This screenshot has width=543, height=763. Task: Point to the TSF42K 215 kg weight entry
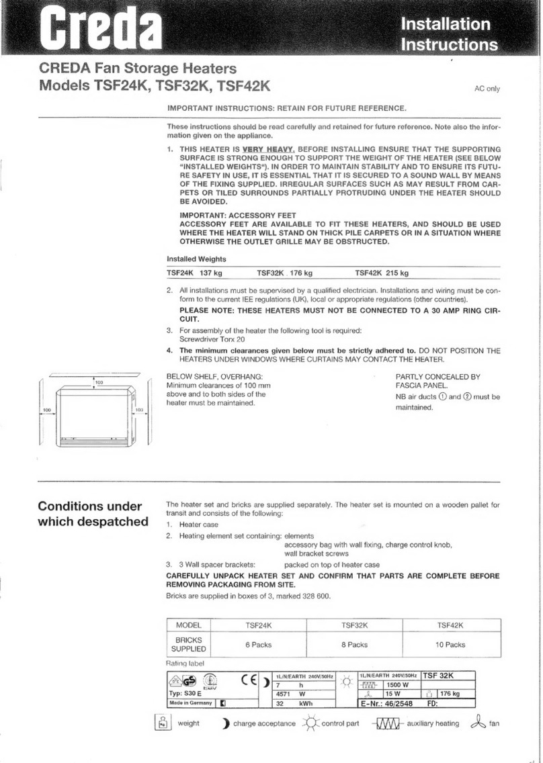tap(382, 273)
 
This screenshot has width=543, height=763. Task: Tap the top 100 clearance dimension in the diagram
tap(99, 381)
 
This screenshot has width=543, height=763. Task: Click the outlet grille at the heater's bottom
tap(93, 441)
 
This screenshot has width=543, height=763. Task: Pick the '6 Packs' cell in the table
tap(258, 644)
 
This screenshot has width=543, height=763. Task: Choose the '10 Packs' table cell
tap(450, 644)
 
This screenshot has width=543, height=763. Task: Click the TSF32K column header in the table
tap(354, 625)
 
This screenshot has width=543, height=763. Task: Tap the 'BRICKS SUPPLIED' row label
tap(189, 645)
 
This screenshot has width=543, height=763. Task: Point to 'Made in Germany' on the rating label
tap(190, 703)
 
